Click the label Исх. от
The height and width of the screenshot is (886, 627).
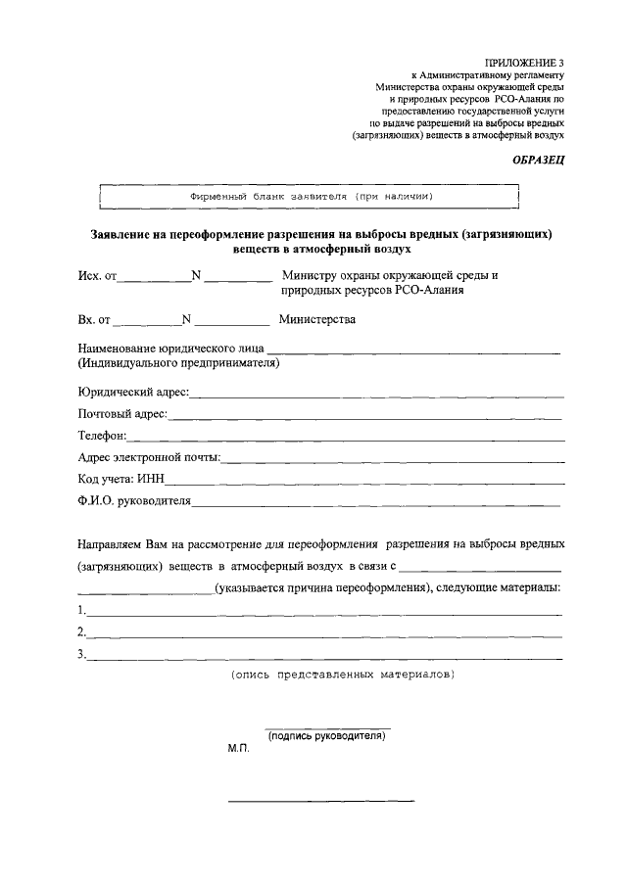pyautogui.click(x=97, y=277)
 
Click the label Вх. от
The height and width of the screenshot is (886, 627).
pyautogui.click(x=95, y=319)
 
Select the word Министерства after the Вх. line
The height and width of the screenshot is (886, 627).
pyautogui.click(x=316, y=319)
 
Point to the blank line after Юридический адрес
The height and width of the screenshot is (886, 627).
pyautogui.click(x=377, y=395)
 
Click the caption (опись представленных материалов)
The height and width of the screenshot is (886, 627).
pyautogui.click(x=342, y=676)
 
